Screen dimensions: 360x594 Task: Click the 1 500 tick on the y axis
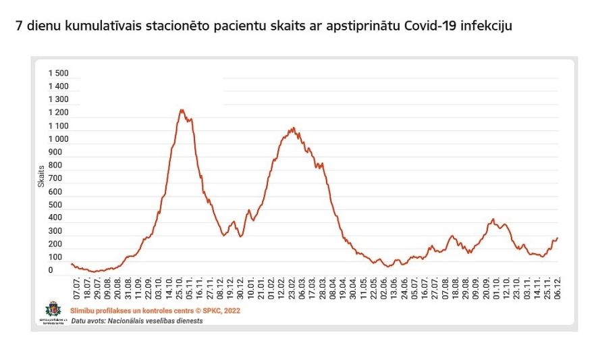tap(58, 73)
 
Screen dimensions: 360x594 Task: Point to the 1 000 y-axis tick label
tap(58, 139)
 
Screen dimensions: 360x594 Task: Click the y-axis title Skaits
tap(41, 177)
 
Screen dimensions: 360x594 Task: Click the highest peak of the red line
tap(181, 109)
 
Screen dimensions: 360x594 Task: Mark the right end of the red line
tap(558, 238)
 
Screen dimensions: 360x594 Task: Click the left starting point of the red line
tap(72, 264)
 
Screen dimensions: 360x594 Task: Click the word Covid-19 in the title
tap(433, 27)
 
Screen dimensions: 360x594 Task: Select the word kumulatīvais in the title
tap(100, 27)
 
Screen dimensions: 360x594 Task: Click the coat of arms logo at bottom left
tap(51, 310)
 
